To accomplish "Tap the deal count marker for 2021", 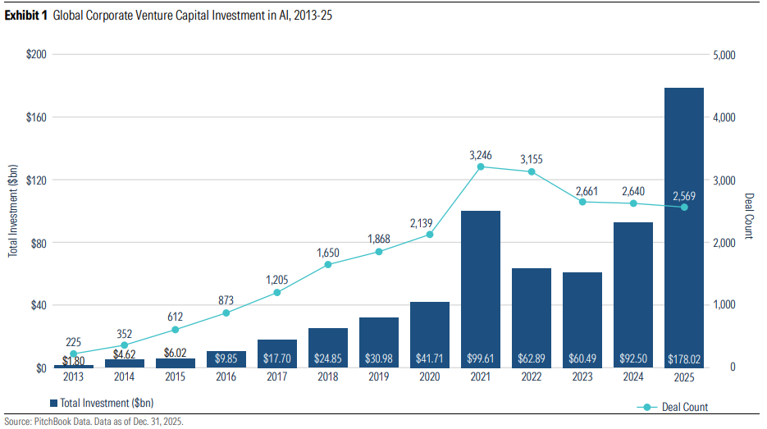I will click(481, 167).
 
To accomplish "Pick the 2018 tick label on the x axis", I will click(328, 378).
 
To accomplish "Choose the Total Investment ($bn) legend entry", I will click(102, 403).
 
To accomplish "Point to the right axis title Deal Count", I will click(748, 216).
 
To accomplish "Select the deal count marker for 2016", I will click(226, 313).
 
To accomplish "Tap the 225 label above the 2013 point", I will click(74, 342).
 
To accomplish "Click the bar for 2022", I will click(532, 316).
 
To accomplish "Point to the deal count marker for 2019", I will click(379, 251).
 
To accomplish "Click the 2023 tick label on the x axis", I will click(582, 378).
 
